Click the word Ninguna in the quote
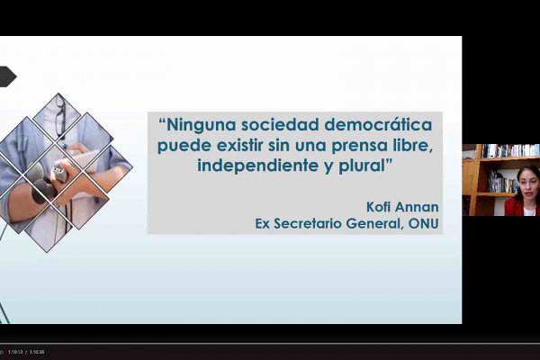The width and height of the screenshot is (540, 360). click(x=201, y=125)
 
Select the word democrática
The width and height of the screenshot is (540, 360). click(x=379, y=124)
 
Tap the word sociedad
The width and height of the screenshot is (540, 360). click(x=280, y=124)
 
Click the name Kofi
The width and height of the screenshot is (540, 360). click(x=378, y=207)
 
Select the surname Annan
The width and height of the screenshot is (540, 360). click(x=417, y=207)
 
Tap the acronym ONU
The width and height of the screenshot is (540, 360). click(x=423, y=223)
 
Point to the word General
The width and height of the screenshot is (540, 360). click(x=374, y=223)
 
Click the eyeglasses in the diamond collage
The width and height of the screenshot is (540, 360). click(x=60, y=115)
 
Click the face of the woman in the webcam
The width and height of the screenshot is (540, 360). click(x=528, y=184)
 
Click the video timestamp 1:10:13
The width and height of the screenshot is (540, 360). click(x=15, y=352)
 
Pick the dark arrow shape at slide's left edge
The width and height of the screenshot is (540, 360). click(x=7, y=76)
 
